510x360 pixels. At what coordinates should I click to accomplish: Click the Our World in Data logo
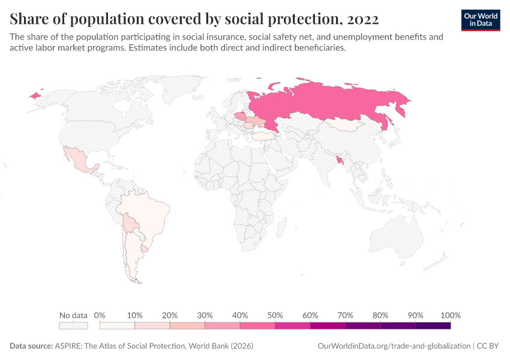click(x=481, y=20)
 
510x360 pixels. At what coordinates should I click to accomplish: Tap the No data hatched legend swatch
click(x=73, y=325)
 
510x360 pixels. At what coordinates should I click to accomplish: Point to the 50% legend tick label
click(x=275, y=315)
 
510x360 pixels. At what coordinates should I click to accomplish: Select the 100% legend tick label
click(x=451, y=315)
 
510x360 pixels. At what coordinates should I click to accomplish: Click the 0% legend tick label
click(x=100, y=315)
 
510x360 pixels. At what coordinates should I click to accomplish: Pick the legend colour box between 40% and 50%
click(x=257, y=325)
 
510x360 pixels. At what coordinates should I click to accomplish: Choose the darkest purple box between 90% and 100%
click(x=433, y=325)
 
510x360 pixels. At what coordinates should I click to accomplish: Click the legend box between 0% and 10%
click(x=117, y=325)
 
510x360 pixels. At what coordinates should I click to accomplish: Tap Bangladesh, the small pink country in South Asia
click(x=341, y=160)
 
